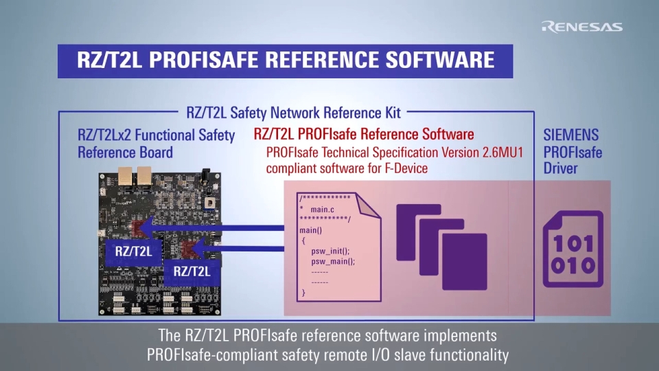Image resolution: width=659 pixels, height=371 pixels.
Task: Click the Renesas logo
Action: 581,27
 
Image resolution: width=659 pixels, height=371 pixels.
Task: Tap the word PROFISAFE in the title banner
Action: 203,59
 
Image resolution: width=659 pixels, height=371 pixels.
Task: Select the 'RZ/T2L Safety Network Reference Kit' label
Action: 294,112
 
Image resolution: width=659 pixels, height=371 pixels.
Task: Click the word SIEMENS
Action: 570,135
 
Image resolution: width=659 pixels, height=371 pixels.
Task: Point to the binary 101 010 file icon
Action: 573,249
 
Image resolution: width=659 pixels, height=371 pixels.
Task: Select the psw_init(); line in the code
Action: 330,251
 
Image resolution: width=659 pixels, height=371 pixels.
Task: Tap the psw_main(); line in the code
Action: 333,262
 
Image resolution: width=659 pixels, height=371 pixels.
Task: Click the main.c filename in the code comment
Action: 323,208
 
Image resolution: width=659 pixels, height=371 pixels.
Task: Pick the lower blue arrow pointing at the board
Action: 240,249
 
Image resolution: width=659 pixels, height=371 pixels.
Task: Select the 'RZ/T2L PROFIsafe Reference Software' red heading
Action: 364,134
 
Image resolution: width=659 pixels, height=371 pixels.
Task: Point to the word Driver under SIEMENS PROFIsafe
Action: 561,168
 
